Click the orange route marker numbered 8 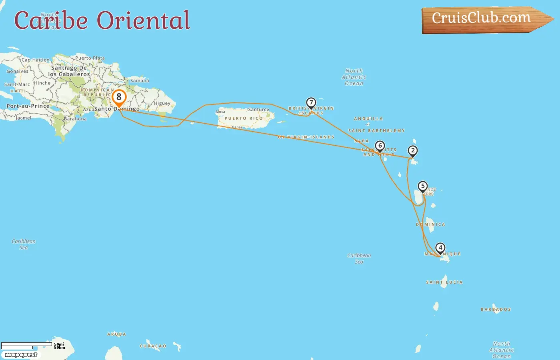(x=119, y=97)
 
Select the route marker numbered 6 (x=380, y=146)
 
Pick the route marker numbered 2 (x=413, y=151)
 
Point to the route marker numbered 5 (x=422, y=186)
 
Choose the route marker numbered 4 (x=440, y=248)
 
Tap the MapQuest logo (x=21, y=355)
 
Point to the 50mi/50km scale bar (x=27, y=345)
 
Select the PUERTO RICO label (x=244, y=118)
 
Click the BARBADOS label (x=496, y=310)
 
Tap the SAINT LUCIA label (x=444, y=282)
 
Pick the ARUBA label (x=116, y=334)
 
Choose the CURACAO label (x=153, y=346)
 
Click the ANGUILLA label (x=368, y=119)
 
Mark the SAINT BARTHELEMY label (x=376, y=131)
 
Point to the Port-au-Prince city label (x=28, y=106)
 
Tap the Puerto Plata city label (x=90, y=58)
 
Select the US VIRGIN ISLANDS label (x=306, y=137)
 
